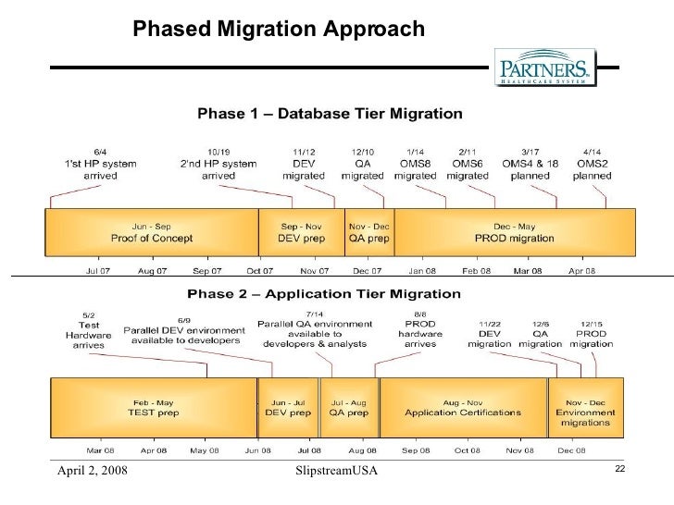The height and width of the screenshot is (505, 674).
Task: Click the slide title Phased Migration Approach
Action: [279, 30]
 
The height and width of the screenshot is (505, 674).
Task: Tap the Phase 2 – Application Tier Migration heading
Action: [324, 295]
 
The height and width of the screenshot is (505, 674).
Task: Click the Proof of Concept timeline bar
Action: [152, 232]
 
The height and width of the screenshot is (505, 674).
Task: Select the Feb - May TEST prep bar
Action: [153, 408]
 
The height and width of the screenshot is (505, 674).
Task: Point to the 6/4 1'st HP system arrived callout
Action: [100, 164]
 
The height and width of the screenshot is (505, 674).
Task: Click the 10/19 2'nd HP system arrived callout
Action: [218, 164]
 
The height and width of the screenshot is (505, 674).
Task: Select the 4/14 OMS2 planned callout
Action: [593, 164]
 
